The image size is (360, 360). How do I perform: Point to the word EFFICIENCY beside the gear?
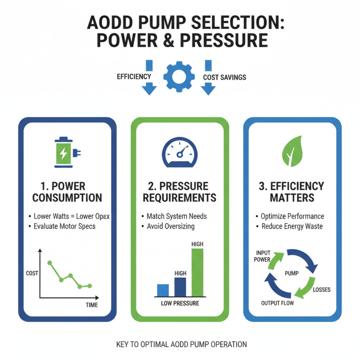click(x=134, y=76)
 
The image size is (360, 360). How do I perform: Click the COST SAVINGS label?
click(x=225, y=77)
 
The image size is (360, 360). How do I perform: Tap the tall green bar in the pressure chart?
click(x=198, y=272)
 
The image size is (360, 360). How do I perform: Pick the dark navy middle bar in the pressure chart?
click(x=180, y=287)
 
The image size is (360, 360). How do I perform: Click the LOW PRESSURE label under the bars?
click(x=180, y=303)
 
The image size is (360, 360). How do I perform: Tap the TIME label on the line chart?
click(x=92, y=305)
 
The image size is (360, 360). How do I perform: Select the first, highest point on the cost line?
click(x=49, y=262)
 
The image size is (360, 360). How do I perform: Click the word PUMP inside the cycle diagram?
click(x=292, y=273)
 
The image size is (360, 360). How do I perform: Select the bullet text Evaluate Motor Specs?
click(x=64, y=226)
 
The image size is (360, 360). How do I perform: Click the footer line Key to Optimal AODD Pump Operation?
click(x=181, y=344)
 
